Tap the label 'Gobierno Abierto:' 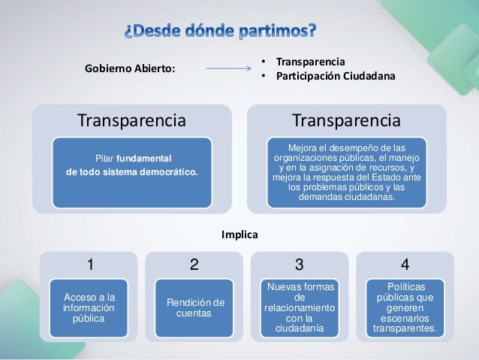(x=130, y=69)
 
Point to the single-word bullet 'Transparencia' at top (x=308, y=62)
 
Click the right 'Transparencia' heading (x=346, y=120)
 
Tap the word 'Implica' (x=239, y=235)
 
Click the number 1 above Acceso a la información (x=90, y=265)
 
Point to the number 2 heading (x=194, y=265)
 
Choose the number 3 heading (x=299, y=265)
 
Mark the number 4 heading (x=405, y=265)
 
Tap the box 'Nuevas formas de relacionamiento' (x=300, y=308)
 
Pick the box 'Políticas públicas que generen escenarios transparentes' (x=405, y=308)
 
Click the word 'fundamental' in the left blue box (x=144, y=158)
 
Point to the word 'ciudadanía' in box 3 (x=300, y=328)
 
